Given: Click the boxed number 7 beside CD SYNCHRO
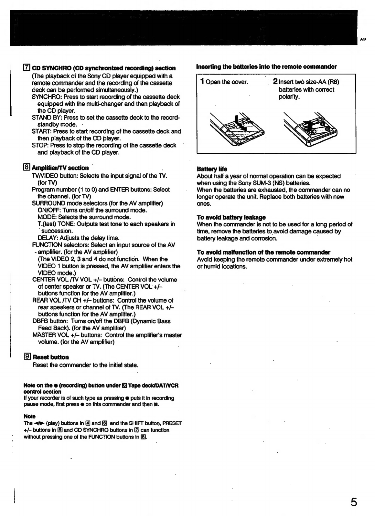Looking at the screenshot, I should tap(27, 68).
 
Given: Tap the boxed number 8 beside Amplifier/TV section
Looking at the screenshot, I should tap(27, 168).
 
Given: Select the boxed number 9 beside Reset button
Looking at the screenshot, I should tap(27, 357).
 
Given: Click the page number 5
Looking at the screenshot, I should tap(354, 503).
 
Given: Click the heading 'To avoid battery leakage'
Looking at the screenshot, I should tap(231, 217).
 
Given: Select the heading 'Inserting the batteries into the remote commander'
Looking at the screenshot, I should tap(266, 67).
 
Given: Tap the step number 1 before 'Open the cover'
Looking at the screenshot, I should tap(202, 82).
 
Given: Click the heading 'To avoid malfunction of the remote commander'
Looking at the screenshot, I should tap(263, 252).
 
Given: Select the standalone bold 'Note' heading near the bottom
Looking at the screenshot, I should tap(29, 416).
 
